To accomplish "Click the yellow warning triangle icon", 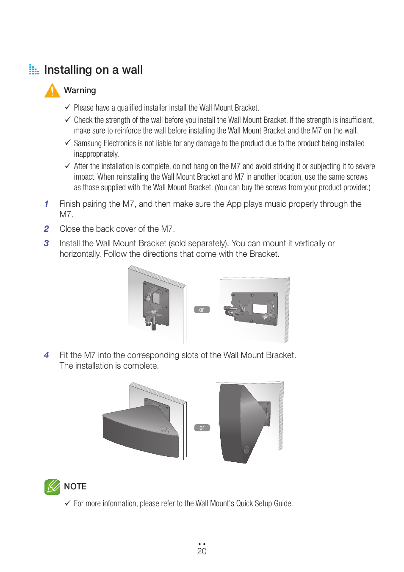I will pos(52,91).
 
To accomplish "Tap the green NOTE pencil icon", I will pos(52,487).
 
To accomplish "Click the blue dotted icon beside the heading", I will pos(34,69).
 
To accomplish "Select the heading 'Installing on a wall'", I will pos(93,70).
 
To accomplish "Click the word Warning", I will pos(80,91).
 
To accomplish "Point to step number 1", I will pos(47,204).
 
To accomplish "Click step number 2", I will pos(47,229).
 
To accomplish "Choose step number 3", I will pos(47,244).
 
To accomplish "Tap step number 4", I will pos(47,355).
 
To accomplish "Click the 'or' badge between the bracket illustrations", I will pos(202,310).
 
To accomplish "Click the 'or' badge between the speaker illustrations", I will pos(202,428).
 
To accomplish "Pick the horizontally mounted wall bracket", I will pos(252,308).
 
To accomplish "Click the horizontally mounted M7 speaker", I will pos(141,430).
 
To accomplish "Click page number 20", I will pos(202,551).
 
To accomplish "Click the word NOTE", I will pos(75,487).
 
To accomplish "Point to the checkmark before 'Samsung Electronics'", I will pos(68,143).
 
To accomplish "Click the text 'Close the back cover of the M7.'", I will pos(117,229).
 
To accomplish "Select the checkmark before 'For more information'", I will pos(68,503).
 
